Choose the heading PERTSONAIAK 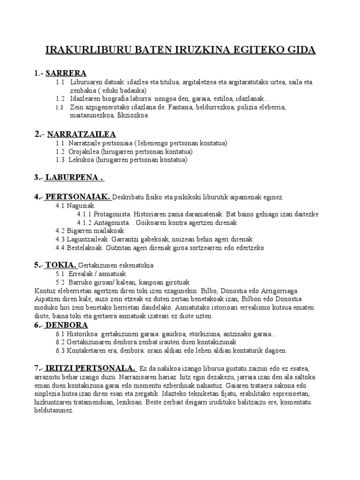tap(77, 197)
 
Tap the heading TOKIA tap(61, 265)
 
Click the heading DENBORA tap(67, 325)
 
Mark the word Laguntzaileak tap(90, 239)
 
